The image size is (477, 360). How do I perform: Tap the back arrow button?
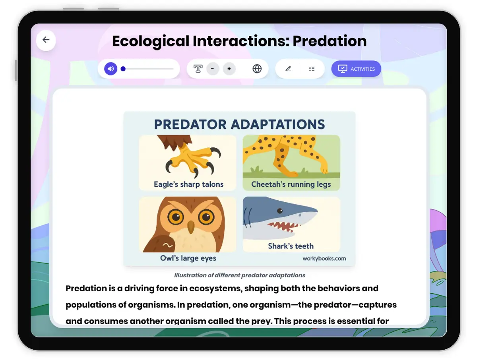(x=46, y=40)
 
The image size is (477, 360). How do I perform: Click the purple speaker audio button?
(x=111, y=69)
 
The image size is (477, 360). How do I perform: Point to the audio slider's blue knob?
(x=123, y=69)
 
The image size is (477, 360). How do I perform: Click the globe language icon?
(x=257, y=69)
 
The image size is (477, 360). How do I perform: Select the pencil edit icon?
(x=288, y=69)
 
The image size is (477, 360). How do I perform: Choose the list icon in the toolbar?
(x=311, y=69)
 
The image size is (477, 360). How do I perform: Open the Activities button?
(x=356, y=69)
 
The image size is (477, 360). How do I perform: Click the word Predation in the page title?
(x=330, y=41)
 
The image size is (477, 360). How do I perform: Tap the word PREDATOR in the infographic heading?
(x=190, y=124)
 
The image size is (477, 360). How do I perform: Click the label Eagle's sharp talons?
(x=189, y=184)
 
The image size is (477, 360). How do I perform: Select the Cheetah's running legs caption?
(x=291, y=184)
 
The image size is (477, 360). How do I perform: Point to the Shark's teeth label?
(x=291, y=246)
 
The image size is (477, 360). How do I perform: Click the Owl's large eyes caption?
(x=188, y=258)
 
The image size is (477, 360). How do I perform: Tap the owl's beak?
(x=191, y=227)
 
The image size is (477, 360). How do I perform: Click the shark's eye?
(x=280, y=211)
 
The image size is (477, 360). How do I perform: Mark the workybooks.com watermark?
(x=324, y=258)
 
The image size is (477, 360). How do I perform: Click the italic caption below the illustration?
(x=239, y=275)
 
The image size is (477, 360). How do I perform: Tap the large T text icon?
(x=198, y=69)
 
